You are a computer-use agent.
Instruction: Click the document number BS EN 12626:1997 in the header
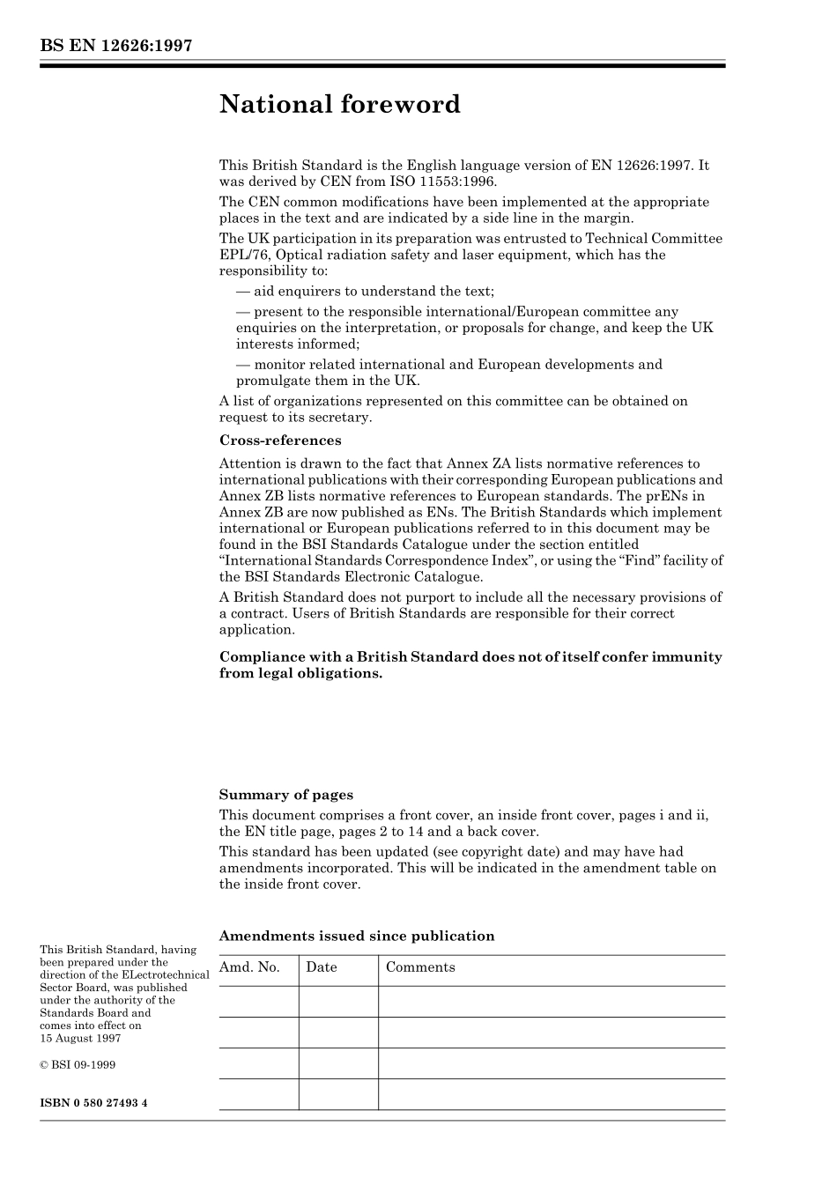pyautogui.click(x=115, y=46)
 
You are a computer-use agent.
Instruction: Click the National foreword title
pyautogui.click(x=339, y=105)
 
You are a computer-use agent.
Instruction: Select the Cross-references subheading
pyautogui.click(x=279, y=441)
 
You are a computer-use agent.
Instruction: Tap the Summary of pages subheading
pyautogui.click(x=285, y=795)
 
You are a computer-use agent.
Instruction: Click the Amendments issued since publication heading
pyautogui.click(x=356, y=937)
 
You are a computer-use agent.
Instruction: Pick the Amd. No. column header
pyautogui.click(x=249, y=967)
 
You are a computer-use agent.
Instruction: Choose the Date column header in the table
pyautogui.click(x=322, y=967)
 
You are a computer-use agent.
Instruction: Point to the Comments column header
pyautogui.click(x=420, y=967)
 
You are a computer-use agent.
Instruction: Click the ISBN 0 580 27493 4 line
pyautogui.click(x=93, y=1103)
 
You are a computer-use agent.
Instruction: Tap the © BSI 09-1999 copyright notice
pyautogui.click(x=78, y=1064)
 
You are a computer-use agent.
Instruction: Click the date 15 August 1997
pyautogui.click(x=80, y=1038)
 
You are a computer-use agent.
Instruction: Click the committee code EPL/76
pyautogui.click(x=243, y=256)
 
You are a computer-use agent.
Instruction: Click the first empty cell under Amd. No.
pyautogui.click(x=258, y=1002)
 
